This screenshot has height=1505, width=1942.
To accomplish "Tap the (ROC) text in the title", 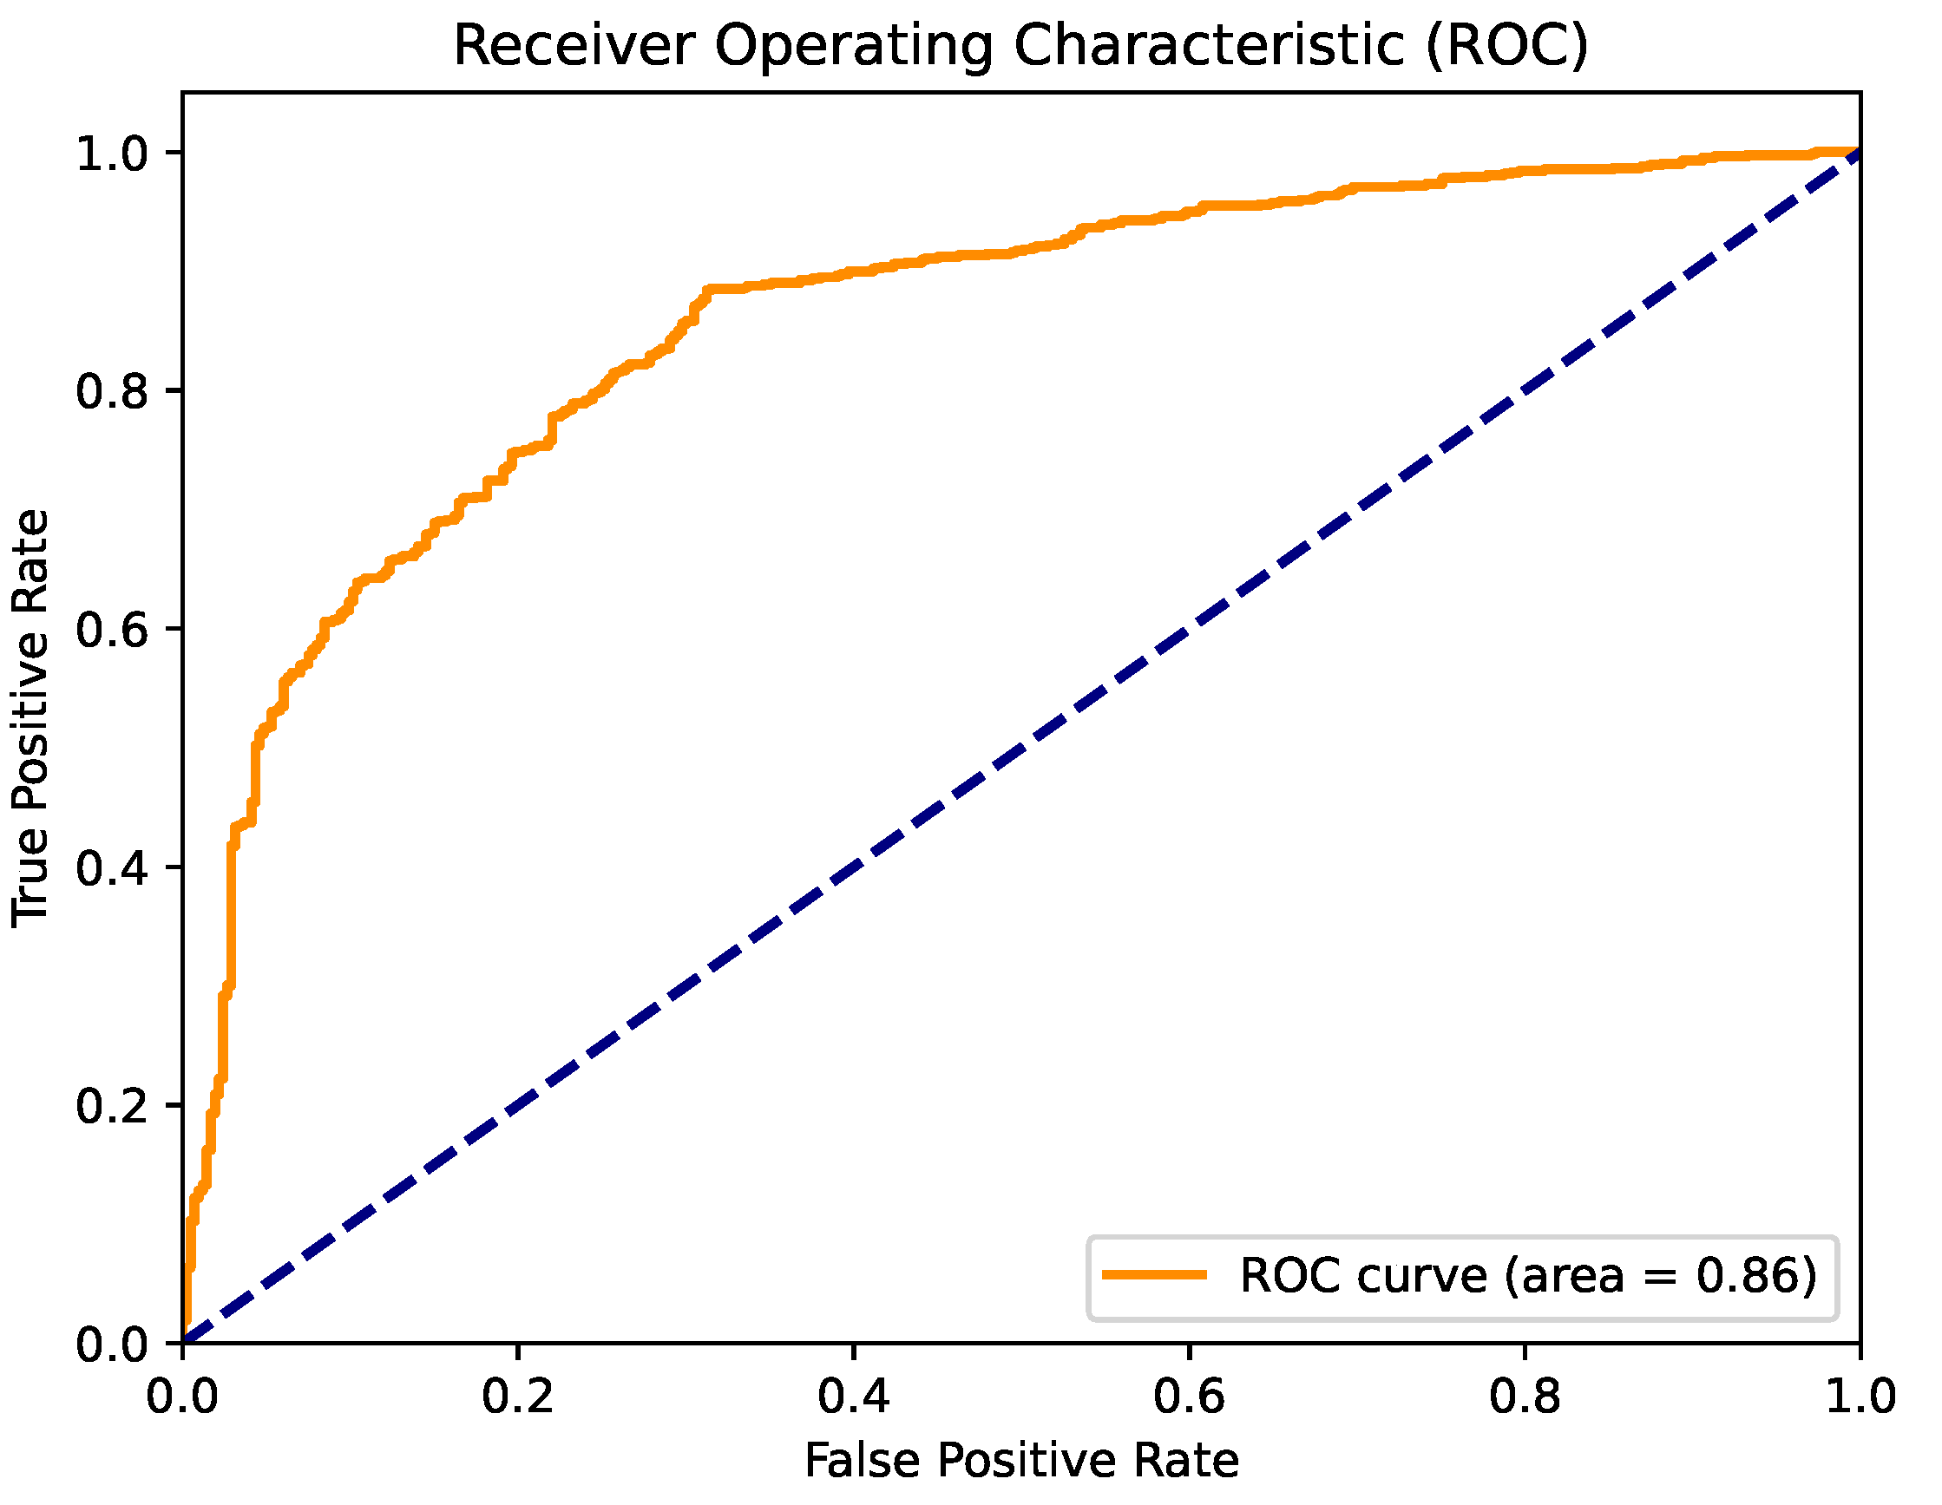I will pyautogui.click(x=1506, y=46).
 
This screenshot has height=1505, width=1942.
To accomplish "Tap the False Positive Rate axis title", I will pyautogui.click(x=1021, y=1462).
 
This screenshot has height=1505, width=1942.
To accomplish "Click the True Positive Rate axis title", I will pyautogui.click(x=31, y=718).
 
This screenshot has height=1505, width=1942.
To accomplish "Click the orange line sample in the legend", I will pyautogui.click(x=1154, y=1275).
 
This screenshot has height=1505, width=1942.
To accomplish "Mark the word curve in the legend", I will pyautogui.click(x=1422, y=1276).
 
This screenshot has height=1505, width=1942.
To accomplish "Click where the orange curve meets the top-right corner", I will pyautogui.click(x=1859, y=152).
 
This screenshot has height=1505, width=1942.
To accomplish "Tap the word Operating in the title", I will pyautogui.click(x=855, y=46).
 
